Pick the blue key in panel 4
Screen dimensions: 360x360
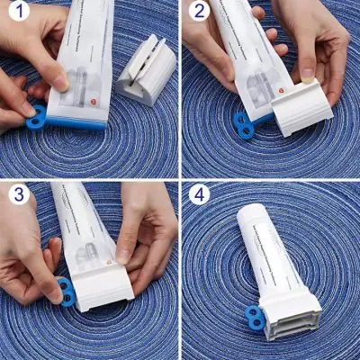click(x=253, y=317)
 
